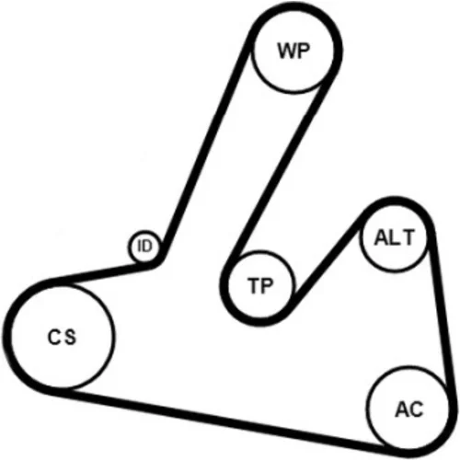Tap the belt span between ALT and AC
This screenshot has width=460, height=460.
[x=440, y=313]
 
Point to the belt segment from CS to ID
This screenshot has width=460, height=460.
[x=101, y=273]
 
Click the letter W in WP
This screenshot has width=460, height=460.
[x=286, y=51]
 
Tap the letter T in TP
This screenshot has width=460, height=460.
[x=254, y=285]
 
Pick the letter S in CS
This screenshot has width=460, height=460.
[x=70, y=337]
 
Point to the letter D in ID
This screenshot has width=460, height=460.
[x=147, y=246]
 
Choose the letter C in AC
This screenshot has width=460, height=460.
[x=416, y=408]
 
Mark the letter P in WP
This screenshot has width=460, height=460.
[x=304, y=51]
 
